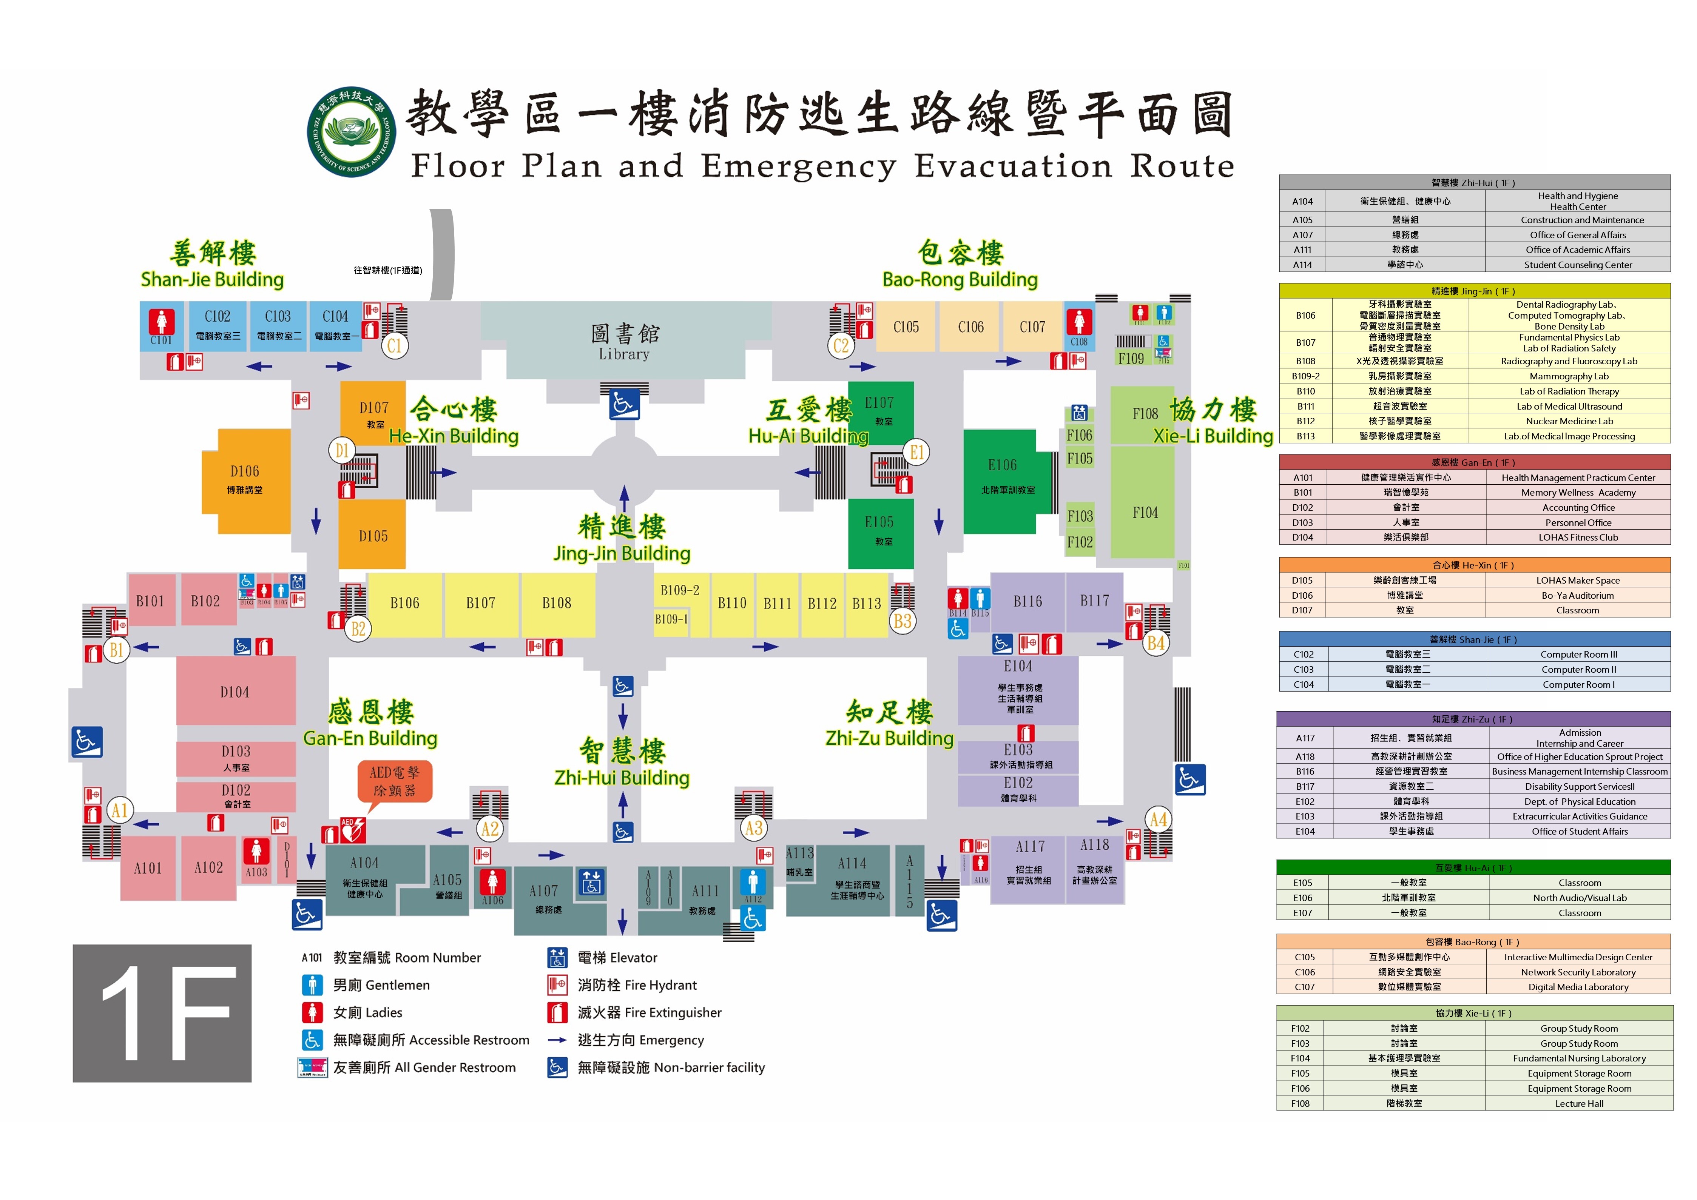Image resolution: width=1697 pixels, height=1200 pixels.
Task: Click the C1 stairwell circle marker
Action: tap(395, 345)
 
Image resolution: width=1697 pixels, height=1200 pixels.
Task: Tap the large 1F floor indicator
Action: tap(162, 1013)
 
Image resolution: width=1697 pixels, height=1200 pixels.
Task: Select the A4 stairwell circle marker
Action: tap(1157, 820)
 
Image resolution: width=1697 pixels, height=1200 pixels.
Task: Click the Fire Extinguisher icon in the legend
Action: tap(557, 1012)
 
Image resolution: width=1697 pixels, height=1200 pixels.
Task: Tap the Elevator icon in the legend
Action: tap(557, 958)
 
